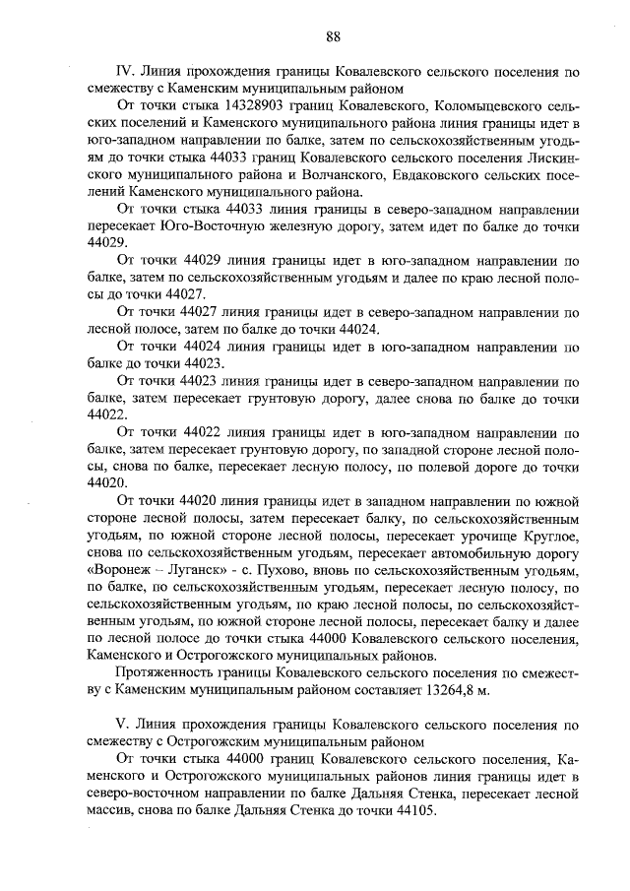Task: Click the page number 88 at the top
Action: [332, 36]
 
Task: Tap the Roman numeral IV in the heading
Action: [125, 72]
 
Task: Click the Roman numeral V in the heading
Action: [122, 726]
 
